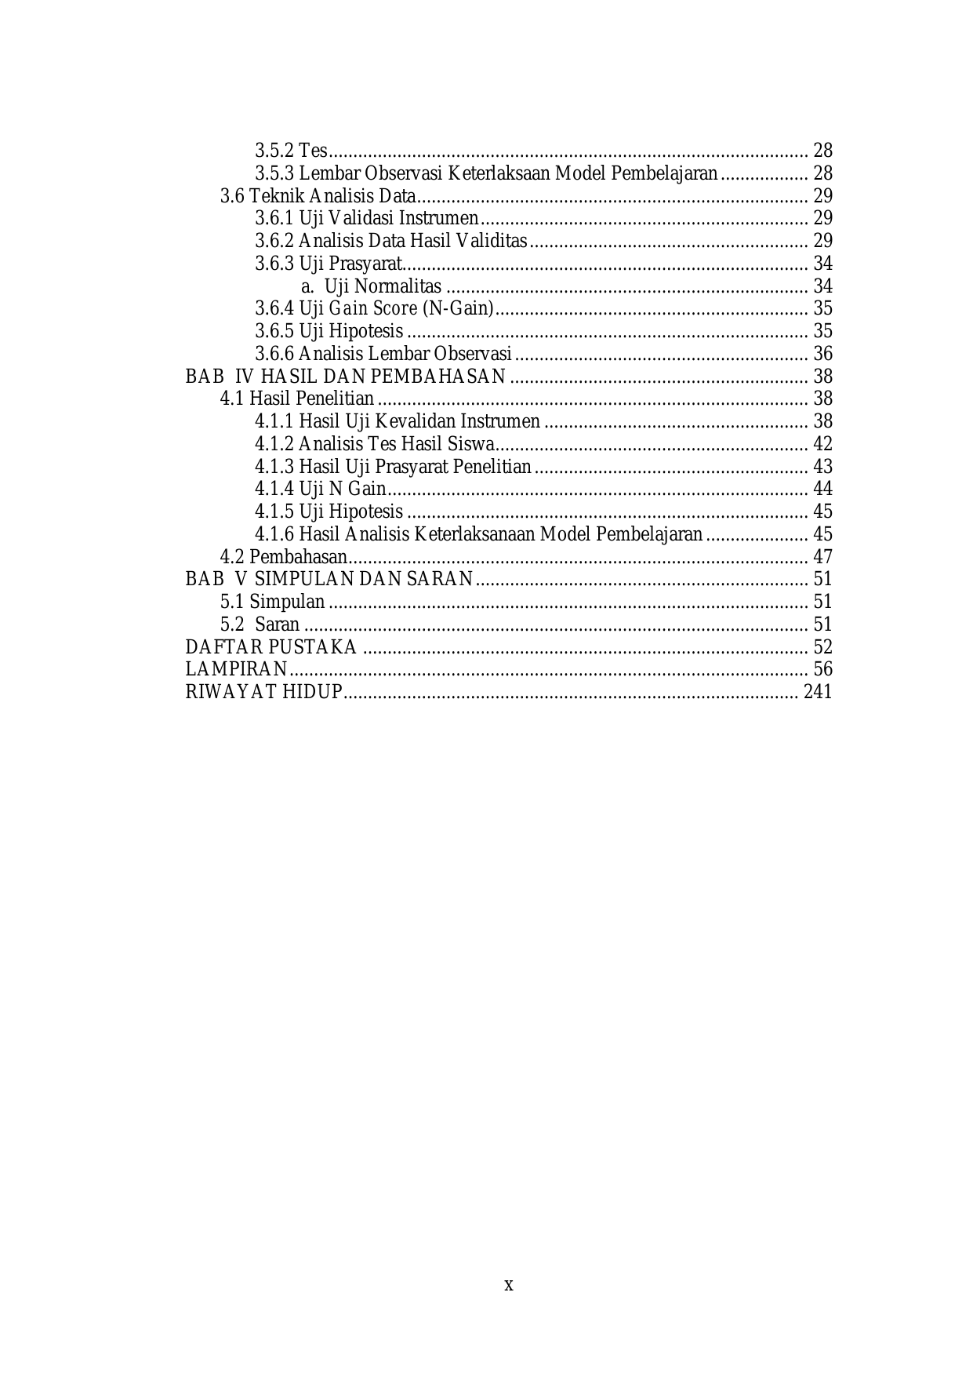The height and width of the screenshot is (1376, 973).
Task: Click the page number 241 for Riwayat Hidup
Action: [x=818, y=692]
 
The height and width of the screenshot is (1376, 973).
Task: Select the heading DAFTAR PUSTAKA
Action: [x=270, y=647]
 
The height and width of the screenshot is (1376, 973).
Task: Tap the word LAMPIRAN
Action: [x=236, y=669]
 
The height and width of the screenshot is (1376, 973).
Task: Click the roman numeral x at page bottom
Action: [x=508, y=1285]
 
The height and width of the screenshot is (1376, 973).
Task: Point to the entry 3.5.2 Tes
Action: [x=291, y=150]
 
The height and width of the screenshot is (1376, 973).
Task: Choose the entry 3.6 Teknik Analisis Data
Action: [x=318, y=195]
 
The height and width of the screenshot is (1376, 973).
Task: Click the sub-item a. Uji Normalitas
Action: [x=372, y=286]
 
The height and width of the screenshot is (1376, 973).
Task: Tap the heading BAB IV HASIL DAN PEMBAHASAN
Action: [x=345, y=377]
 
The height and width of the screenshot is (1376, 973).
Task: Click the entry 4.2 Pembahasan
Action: [x=283, y=557]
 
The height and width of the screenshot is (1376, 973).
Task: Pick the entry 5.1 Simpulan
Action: [x=272, y=602]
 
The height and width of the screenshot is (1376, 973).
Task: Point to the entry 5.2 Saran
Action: [x=260, y=624]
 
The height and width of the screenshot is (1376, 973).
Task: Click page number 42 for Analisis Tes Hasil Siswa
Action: [x=822, y=444]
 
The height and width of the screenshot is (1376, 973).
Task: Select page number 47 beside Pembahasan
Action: [x=822, y=557]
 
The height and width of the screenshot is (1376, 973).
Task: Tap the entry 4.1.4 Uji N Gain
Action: [x=320, y=489]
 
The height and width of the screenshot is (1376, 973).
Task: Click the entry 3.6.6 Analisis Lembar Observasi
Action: [x=383, y=354]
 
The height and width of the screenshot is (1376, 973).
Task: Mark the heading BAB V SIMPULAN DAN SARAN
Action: [x=329, y=579]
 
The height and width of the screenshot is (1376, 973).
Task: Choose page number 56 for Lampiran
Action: [x=822, y=669]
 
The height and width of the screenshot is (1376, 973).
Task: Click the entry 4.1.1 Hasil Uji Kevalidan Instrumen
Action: [x=397, y=421]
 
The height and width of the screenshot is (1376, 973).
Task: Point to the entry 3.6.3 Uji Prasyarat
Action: [x=329, y=264]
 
